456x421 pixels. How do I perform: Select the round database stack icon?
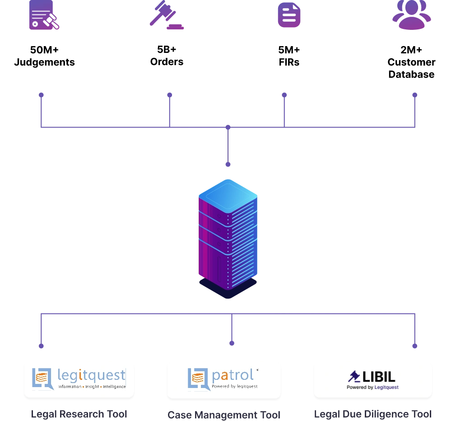coord(288,14)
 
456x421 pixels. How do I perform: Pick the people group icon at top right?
coord(411,15)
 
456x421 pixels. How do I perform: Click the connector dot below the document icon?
coord(42,95)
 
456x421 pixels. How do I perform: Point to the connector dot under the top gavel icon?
coord(170,95)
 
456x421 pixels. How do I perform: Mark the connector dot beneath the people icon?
coord(415,95)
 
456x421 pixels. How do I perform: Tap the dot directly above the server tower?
coord(228,166)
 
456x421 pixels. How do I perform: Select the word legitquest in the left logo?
coord(91,375)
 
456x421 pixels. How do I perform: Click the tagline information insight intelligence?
coord(92,387)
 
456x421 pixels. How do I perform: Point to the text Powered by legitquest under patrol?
coord(234,386)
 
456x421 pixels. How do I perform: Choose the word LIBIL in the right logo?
coord(379,376)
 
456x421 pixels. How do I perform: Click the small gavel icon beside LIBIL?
coord(354,376)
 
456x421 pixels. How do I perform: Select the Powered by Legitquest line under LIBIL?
coord(372,387)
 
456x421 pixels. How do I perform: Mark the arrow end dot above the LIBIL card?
coord(415,347)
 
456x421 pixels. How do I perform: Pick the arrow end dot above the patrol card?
coord(232,344)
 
